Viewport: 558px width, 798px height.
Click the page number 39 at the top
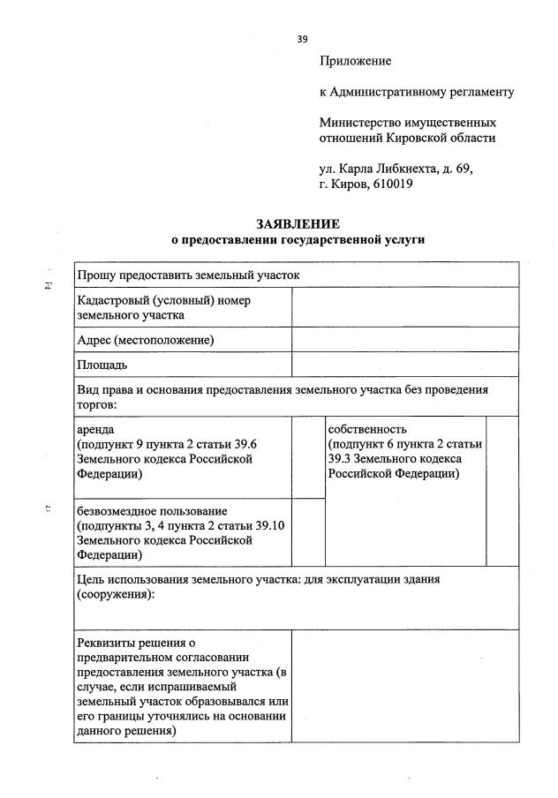pos(303,38)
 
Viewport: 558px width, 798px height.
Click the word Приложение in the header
pos(355,61)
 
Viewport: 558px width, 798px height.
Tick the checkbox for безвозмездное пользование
pos(307,531)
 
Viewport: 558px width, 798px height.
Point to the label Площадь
pos(102,364)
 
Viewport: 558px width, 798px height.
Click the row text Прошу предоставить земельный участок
pos(189,275)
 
